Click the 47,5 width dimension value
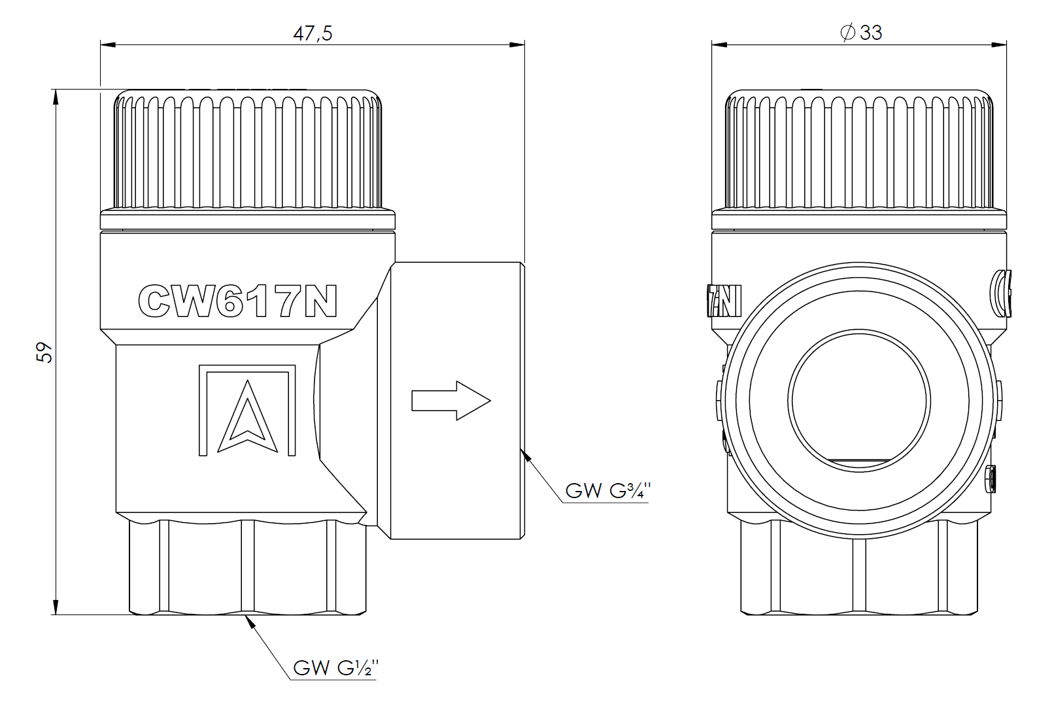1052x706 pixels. [x=312, y=33]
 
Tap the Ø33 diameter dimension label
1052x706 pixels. [x=862, y=32]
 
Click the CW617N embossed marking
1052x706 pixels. [x=238, y=301]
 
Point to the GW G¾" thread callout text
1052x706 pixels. [x=608, y=490]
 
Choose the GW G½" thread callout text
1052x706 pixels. [x=335, y=667]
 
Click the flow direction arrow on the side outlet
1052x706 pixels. [x=450, y=401]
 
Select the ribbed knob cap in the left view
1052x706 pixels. [x=248, y=150]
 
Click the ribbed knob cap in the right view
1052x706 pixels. [x=859, y=150]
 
